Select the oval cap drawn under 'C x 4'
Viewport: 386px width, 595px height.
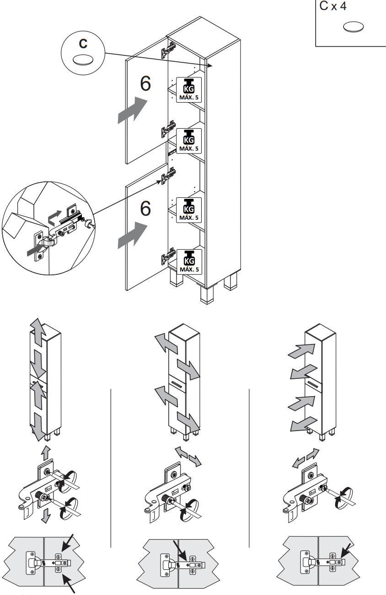pyautogui.click(x=354, y=27)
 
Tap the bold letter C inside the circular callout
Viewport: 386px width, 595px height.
pyautogui.click(x=83, y=44)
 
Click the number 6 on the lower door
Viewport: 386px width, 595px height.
pyautogui.click(x=145, y=208)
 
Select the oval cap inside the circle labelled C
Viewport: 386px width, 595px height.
pyautogui.click(x=83, y=60)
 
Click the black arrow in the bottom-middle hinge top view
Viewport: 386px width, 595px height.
pyautogui.click(x=178, y=551)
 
